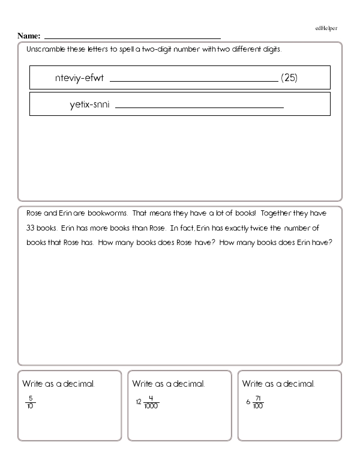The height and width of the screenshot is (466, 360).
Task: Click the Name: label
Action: (x=29, y=36)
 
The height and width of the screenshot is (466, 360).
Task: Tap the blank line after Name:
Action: (x=132, y=37)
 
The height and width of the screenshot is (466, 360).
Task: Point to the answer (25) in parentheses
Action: (x=289, y=78)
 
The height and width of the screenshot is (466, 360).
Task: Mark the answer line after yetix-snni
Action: (x=199, y=107)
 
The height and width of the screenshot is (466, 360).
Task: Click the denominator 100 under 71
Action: (x=258, y=407)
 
